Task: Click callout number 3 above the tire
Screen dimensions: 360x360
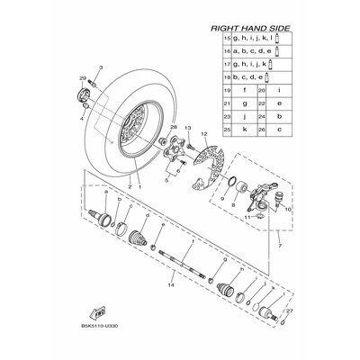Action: click(100, 67)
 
